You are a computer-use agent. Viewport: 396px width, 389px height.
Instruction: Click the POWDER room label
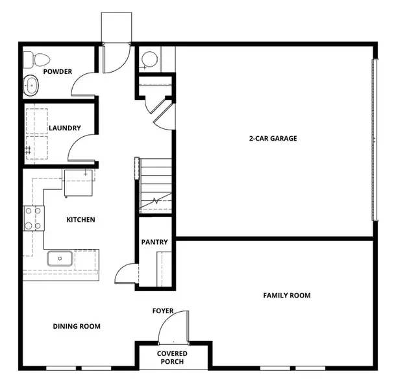pyautogui.click(x=58, y=71)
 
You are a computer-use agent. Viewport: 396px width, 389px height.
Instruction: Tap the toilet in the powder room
pyautogui.click(x=38, y=60)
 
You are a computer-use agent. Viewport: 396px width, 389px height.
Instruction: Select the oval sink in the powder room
pyautogui.click(x=31, y=84)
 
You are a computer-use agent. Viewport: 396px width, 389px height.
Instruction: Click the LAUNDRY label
pyautogui.click(x=64, y=128)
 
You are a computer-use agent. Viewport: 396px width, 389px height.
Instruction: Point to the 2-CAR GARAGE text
pyautogui.click(x=273, y=138)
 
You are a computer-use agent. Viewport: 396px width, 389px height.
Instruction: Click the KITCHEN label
pyautogui.click(x=80, y=220)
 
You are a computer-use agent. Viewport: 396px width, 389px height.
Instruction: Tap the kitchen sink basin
pyautogui.click(x=59, y=259)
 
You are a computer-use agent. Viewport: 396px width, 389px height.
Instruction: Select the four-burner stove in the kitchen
pyautogui.click(x=34, y=218)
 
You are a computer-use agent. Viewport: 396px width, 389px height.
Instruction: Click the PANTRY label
pyautogui.click(x=155, y=242)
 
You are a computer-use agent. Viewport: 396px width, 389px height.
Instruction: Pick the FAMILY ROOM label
pyautogui.click(x=286, y=296)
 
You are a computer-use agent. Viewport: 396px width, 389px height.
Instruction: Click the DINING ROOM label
pyautogui.click(x=77, y=326)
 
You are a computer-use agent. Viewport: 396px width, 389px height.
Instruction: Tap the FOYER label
pyautogui.click(x=163, y=311)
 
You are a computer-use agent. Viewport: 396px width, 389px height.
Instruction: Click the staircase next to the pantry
pyautogui.click(x=156, y=185)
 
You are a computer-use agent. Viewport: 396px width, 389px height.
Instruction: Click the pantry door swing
pyautogui.click(x=127, y=274)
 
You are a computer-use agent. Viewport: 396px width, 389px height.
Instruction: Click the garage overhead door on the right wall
pyautogui.click(x=373, y=139)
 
